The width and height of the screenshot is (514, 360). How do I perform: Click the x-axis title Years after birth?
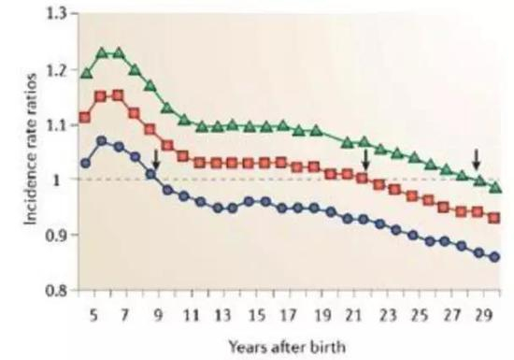coord(288,341)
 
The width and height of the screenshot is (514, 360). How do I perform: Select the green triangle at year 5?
coord(86,72)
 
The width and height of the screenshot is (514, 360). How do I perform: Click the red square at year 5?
coord(86,117)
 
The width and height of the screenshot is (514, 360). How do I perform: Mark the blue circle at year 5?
coord(86,163)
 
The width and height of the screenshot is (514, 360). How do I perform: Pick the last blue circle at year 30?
coord(495,257)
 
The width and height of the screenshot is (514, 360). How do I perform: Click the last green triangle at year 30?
coord(495,187)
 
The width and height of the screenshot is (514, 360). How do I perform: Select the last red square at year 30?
coord(495,218)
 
